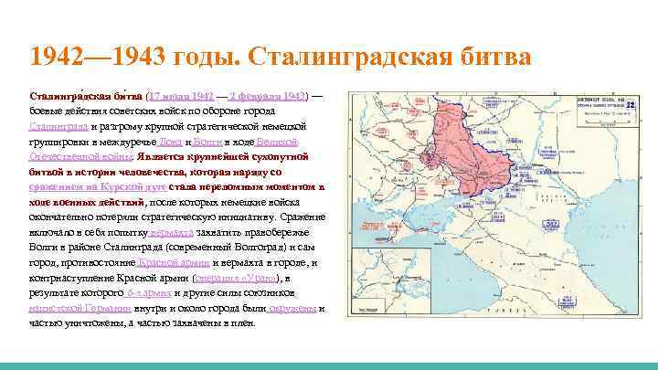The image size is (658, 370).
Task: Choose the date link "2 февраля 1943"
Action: [x=267, y=94]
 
